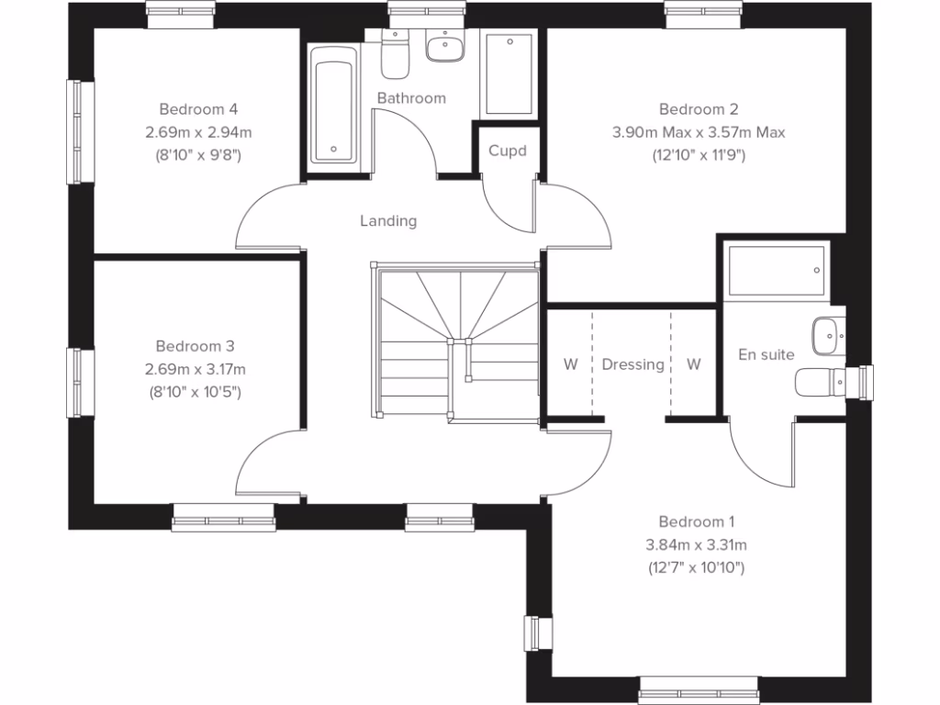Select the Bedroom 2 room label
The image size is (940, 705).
coord(698,109)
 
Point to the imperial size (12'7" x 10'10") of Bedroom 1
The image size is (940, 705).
coord(696,568)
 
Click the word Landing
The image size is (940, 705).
coord(388,220)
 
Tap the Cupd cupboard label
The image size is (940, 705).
coord(507,151)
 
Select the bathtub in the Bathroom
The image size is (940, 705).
coord(331,105)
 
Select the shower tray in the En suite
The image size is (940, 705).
coord(777,270)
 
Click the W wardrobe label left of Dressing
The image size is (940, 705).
coord(570,364)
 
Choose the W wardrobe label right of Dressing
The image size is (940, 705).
coord(693,364)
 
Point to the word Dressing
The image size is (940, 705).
coord(632,364)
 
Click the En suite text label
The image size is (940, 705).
coord(767,354)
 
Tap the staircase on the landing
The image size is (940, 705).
coord(455,344)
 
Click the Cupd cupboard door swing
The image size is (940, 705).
coord(507,207)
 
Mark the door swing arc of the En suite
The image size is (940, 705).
coord(757,459)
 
